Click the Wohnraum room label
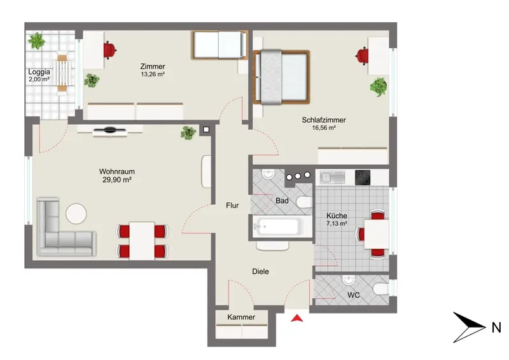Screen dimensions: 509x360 click(117, 171)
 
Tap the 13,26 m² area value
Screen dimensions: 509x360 click(153, 74)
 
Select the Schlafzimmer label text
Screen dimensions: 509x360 click(324, 120)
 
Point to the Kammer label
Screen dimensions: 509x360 click(241, 317)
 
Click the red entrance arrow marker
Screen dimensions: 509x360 click(297, 318)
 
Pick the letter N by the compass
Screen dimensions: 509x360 click(496, 328)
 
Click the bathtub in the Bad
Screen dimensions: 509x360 click(277, 226)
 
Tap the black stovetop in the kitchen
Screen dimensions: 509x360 click(363, 177)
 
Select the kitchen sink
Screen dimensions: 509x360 click(332, 177)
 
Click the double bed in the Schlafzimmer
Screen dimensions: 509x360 click(281, 77)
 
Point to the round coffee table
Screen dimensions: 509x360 click(76, 214)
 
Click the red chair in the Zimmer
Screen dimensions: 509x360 click(110, 50)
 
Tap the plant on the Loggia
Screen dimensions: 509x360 click(36, 41)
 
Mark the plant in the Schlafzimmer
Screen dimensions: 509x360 click(379, 87)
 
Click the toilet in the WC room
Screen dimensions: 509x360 click(380, 289)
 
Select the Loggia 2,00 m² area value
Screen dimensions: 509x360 click(39, 79)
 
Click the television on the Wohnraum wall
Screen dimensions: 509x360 click(109, 131)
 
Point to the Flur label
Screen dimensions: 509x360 click(232, 205)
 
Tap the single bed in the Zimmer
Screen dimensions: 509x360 click(220, 45)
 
